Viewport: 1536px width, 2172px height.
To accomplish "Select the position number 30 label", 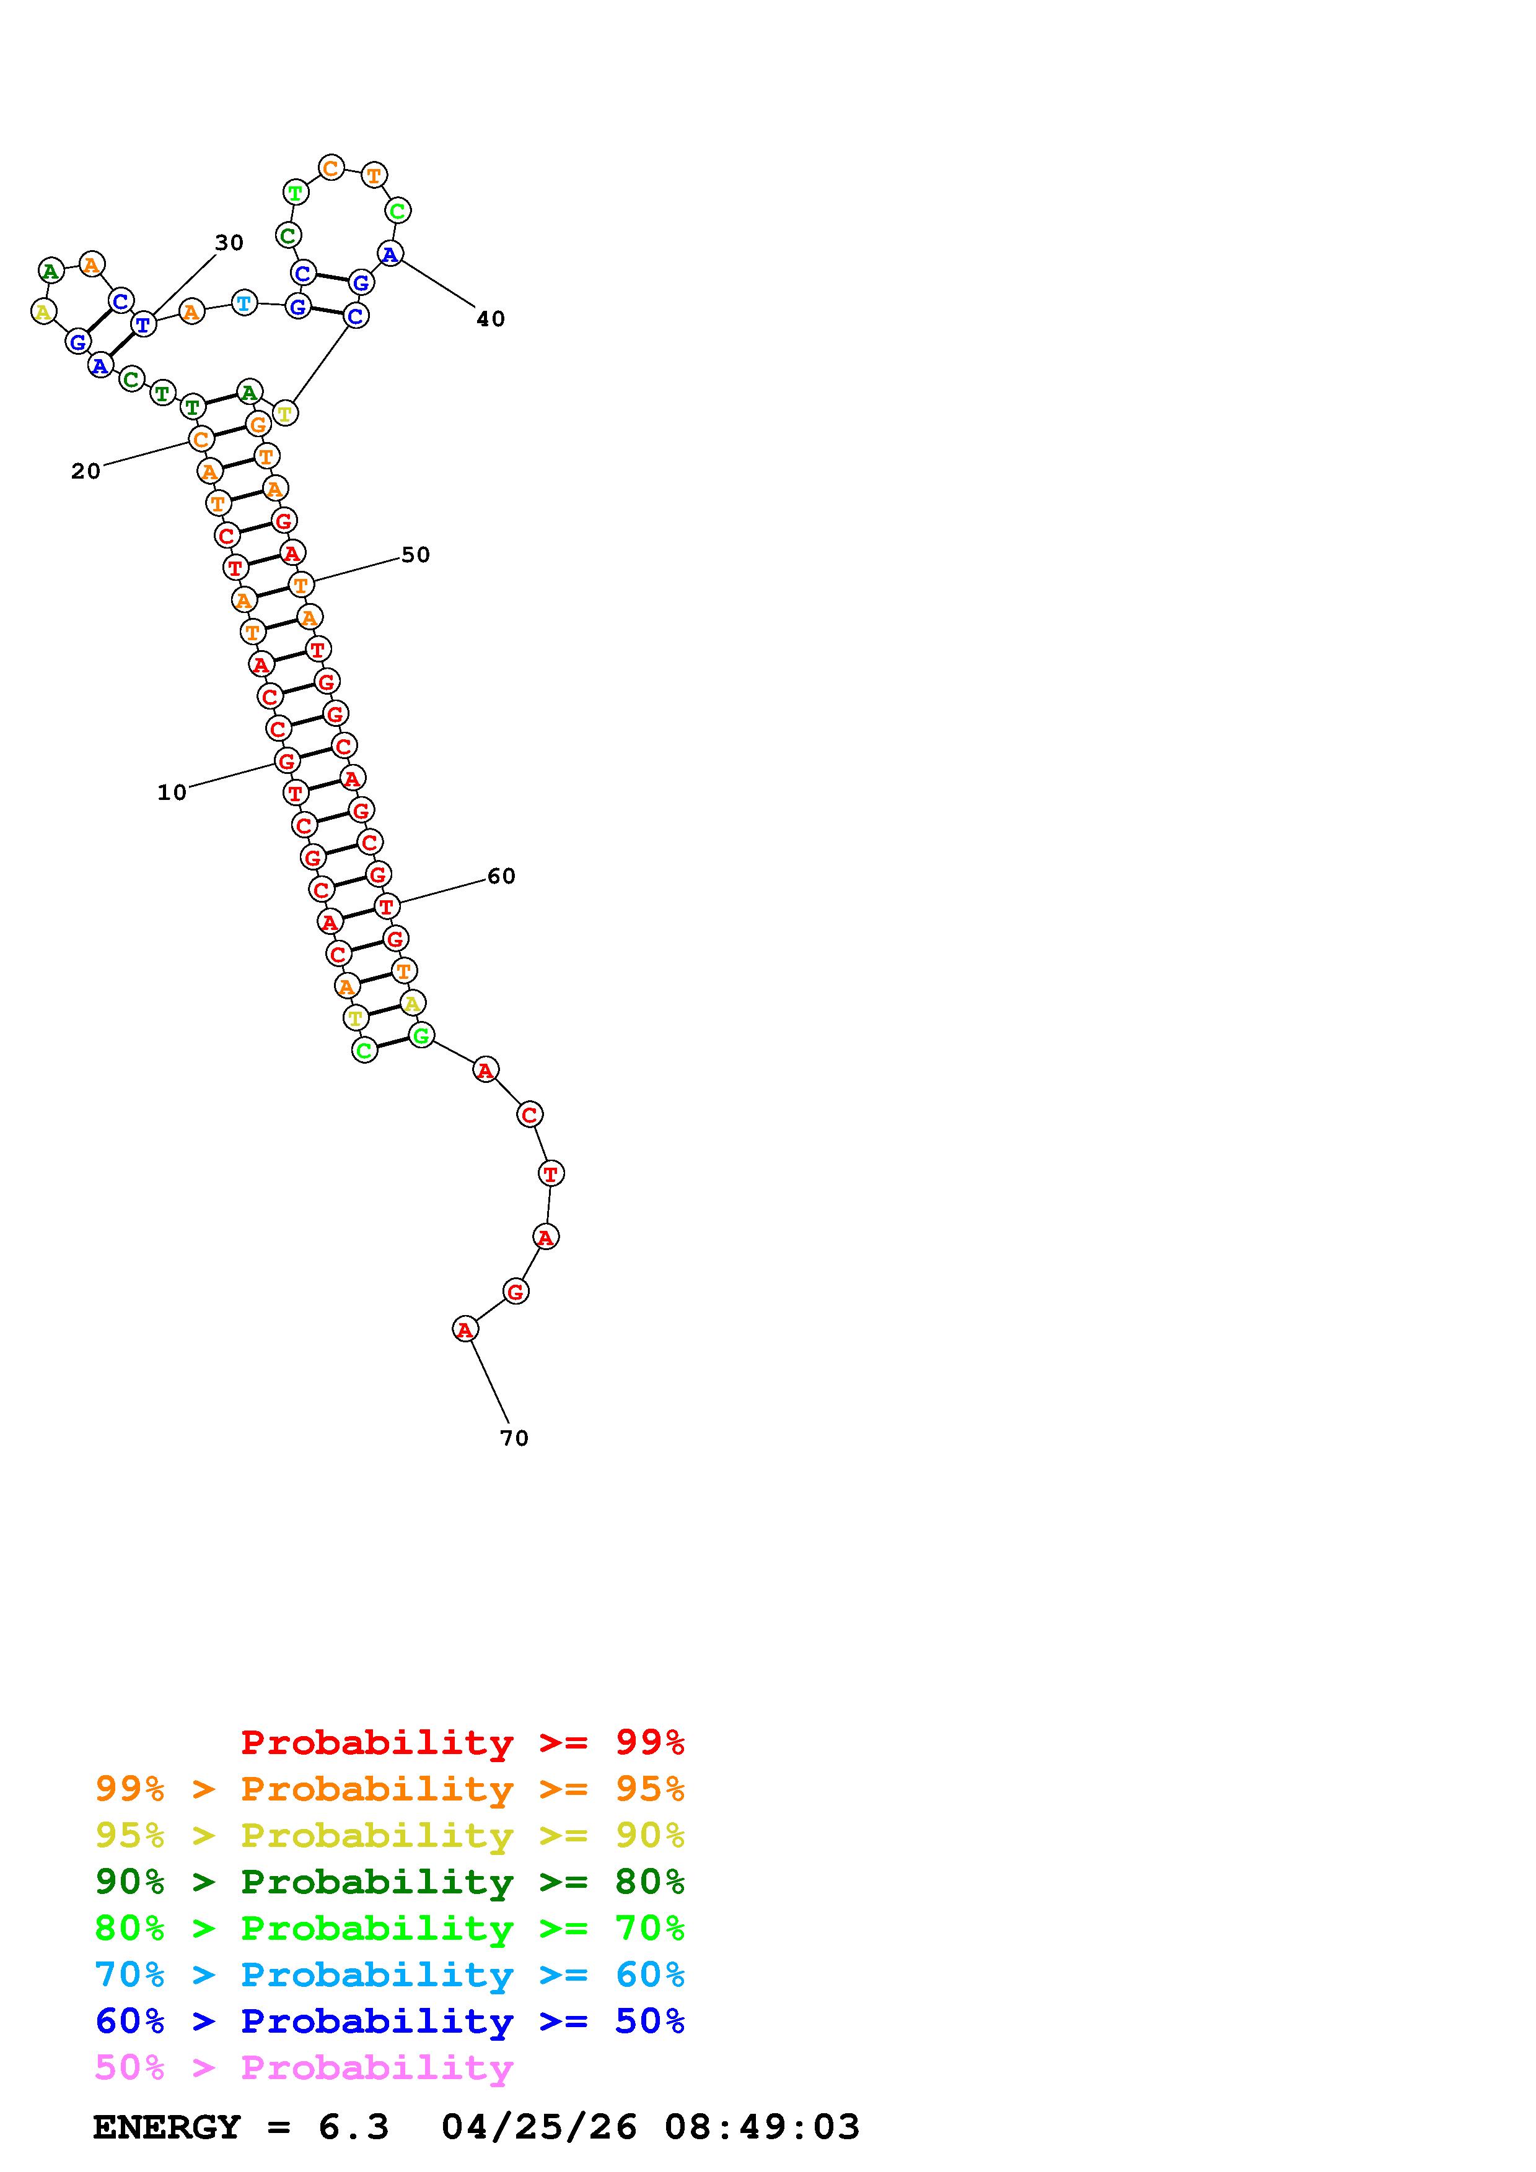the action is (229, 243).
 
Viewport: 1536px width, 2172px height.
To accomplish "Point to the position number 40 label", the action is (490, 319).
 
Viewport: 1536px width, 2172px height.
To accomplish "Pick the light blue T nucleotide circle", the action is (244, 303).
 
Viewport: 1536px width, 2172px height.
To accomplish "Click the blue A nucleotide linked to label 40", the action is (390, 253).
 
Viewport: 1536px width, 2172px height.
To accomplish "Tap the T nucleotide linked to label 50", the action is (301, 584).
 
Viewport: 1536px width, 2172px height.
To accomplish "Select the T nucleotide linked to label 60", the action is (386, 906).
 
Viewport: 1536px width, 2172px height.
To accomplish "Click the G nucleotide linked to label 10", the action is (287, 760).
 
